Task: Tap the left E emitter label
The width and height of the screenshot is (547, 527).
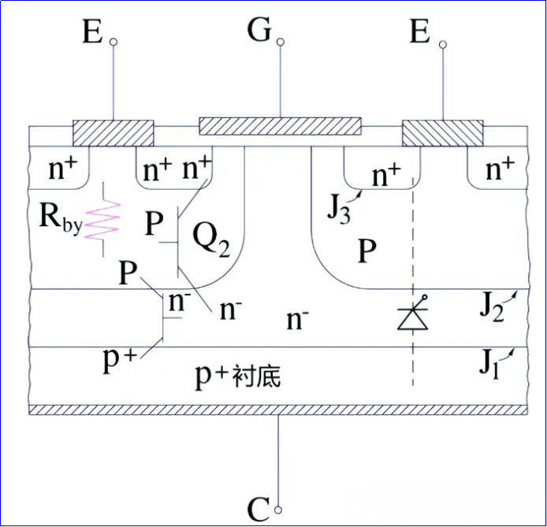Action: (92, 33)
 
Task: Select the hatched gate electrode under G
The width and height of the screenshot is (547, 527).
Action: (280, 126)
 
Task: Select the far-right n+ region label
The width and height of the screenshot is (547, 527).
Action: (498, 168)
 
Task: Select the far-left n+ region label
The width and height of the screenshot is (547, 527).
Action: (59, 168)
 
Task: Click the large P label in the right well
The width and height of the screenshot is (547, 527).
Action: (367, 251)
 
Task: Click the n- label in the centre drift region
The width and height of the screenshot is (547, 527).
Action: (296, 319)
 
